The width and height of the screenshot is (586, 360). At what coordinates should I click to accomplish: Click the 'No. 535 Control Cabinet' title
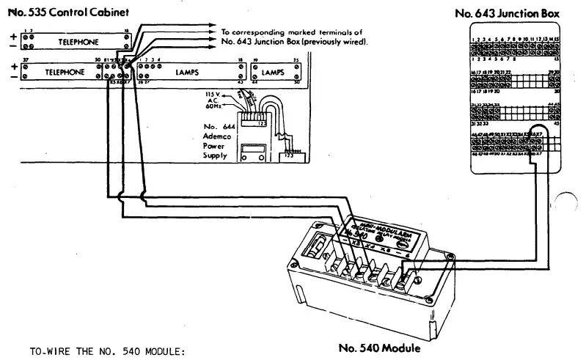(59, 12)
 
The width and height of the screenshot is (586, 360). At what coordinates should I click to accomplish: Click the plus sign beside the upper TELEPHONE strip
(12, 34)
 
